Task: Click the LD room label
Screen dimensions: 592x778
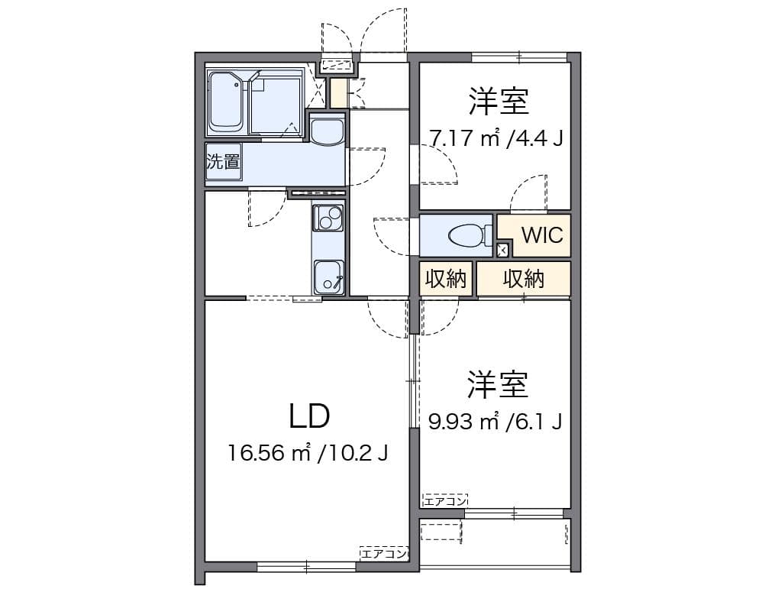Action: pos(309,416)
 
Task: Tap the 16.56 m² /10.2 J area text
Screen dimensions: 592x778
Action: pos(308,453)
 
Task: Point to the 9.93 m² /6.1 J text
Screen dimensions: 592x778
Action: pos(496,421)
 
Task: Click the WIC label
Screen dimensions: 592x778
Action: pos(542,235)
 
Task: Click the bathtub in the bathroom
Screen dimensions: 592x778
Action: pos(226,102)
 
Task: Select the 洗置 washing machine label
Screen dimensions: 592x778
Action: pos(223,162)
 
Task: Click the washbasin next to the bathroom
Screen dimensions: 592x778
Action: pos(328,131)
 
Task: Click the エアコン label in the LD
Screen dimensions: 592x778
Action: pos(384,552)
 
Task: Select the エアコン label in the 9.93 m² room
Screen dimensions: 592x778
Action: pos(444,500)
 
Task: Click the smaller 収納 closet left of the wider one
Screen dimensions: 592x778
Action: pos(445,280)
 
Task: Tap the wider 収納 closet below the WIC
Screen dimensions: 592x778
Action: pos(524,280)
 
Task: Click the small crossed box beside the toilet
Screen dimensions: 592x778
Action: pos(502,250)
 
